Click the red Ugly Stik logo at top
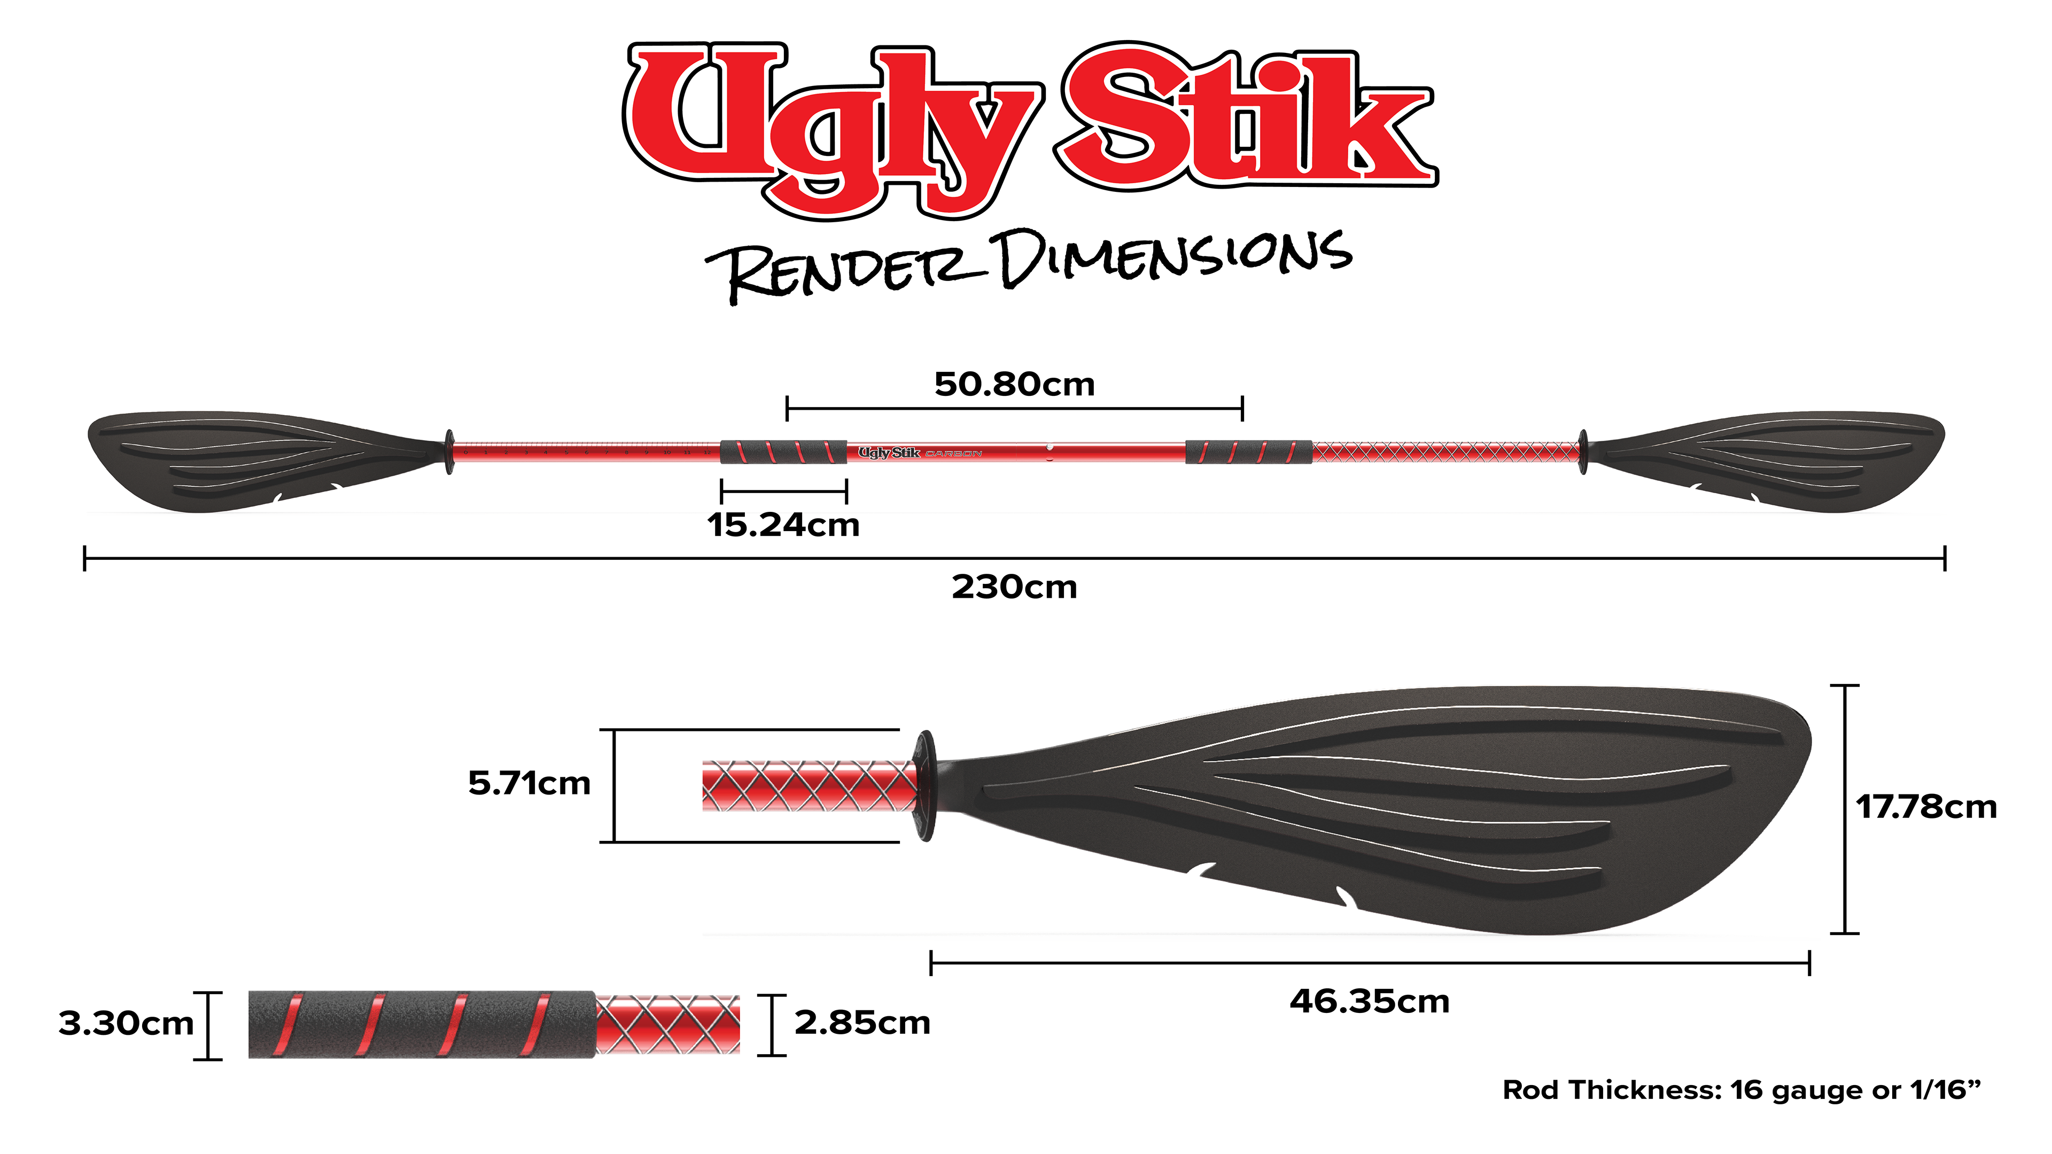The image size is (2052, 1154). point(1028,128)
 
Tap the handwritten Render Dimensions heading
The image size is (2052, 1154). point(1028,263)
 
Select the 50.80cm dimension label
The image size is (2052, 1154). point(1014,385)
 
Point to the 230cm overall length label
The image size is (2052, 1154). point(1014,588)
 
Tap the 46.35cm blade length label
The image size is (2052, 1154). point(1369,1002)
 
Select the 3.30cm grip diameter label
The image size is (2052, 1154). point(126,1024)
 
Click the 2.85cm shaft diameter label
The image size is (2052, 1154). point(862,1024)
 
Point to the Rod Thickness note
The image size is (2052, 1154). point(1740,1090)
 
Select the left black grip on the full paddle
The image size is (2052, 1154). point(783,451)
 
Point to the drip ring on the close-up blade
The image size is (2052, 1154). point(926,785)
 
